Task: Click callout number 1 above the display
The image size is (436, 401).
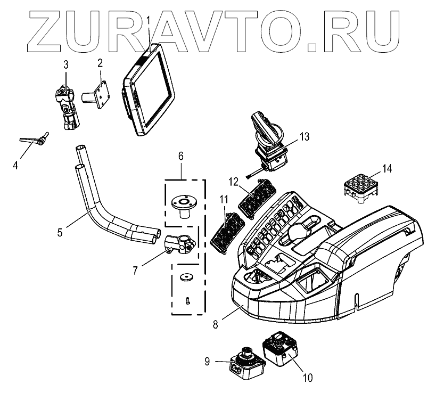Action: (149, 23)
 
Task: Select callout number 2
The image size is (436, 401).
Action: (100, 62)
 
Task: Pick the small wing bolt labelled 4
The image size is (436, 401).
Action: (35, 140)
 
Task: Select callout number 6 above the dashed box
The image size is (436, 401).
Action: (180, 156)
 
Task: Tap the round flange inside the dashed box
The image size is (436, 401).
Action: (183, 204)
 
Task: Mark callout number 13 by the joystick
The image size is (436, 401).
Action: (304, 137)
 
